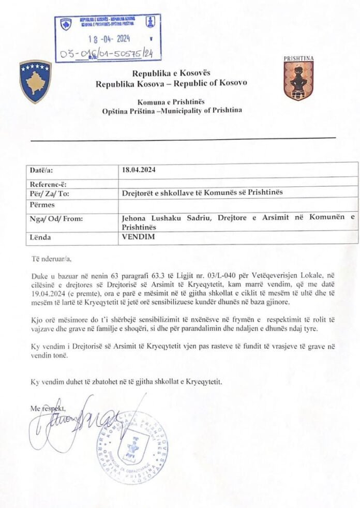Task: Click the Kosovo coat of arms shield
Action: [35, 81]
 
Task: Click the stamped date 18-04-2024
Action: [109, 38]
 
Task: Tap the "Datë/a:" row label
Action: [41, 170]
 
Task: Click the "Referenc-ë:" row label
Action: [48, 184]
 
